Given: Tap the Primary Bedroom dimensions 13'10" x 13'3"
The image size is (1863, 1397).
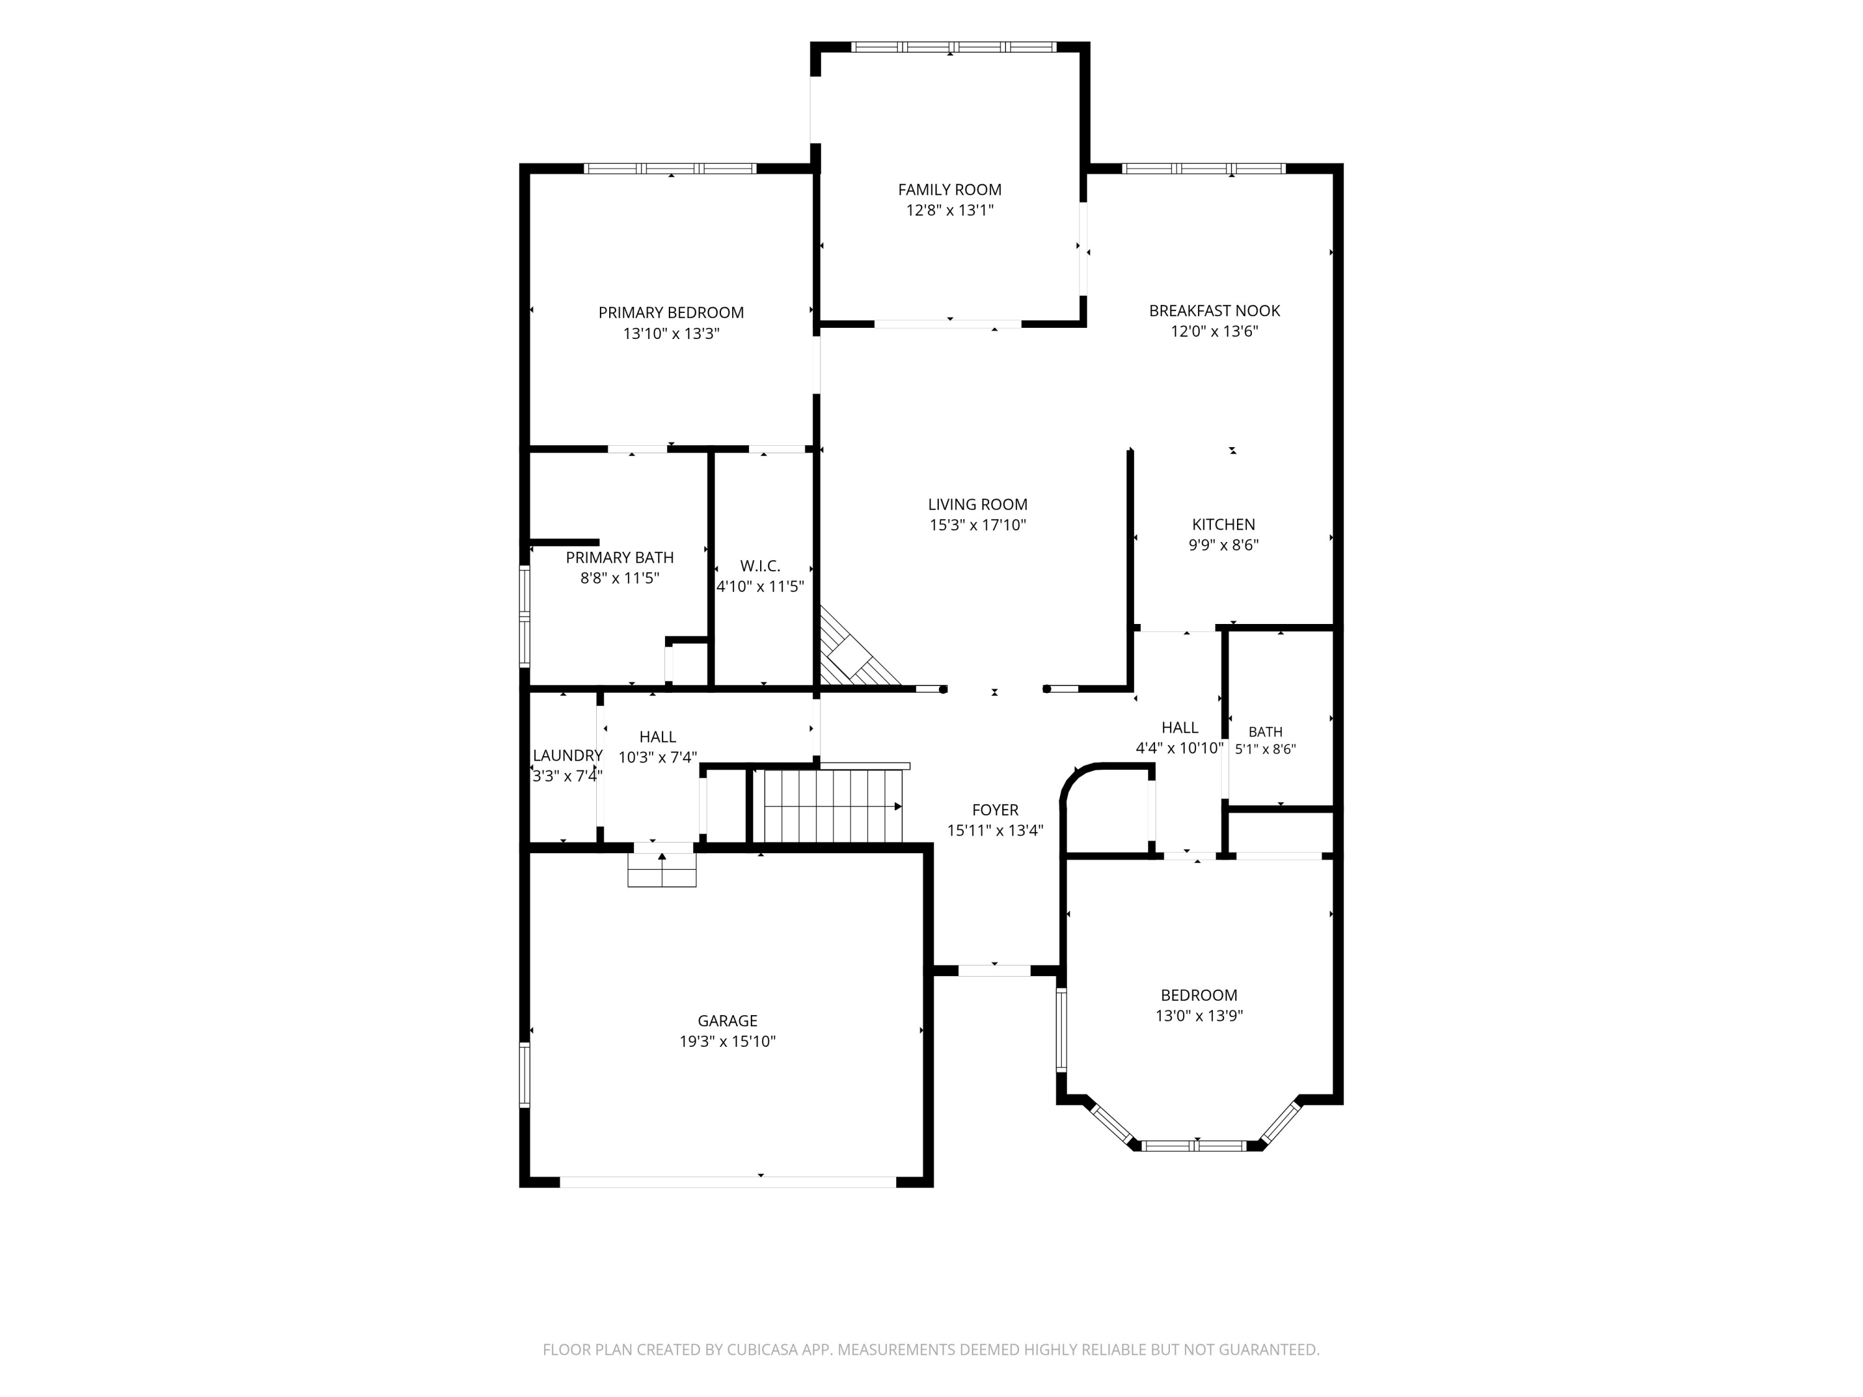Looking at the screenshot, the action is pyautogui.click(x=671, y=333).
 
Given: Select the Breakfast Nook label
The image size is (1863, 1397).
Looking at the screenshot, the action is pyautogui.click(x=1215, y=310).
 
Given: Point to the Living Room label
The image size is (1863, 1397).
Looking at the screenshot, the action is pyautogui.click(x=978, y=504).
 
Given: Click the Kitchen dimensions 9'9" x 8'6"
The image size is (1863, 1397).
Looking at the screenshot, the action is pyautogui.click(x=1224, y=545).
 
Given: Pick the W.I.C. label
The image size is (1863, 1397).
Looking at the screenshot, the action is pyautogui.click(x=761, y=566).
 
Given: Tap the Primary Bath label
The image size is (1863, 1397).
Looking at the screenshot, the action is pyautogui.click(x=620, y=558).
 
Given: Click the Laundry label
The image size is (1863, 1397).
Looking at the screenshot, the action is pyautogui.click(x=568, y=756).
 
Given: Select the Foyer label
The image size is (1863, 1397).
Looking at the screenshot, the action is pyautogui.click(x=995, y=810).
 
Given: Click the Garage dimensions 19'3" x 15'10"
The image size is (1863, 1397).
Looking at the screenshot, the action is pyautogui.click(x=728, y=1042).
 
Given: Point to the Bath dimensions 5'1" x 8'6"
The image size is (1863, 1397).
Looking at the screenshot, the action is pyautogui.click(x=1265, y=749).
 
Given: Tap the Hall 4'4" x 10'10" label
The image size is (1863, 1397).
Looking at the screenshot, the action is pyautogui.click(x=1180, y=728).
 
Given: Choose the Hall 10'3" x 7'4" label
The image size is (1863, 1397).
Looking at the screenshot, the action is pyautogui.click(x=658, y=737).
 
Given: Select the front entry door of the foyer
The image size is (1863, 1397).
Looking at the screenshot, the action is pyautogui.click(x=995, y=970).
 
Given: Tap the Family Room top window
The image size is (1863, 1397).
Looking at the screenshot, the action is pyautogui.click(x=953, y=47).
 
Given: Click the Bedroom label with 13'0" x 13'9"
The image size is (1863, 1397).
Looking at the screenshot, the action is pyautogui.click(x=1199, y=995).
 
